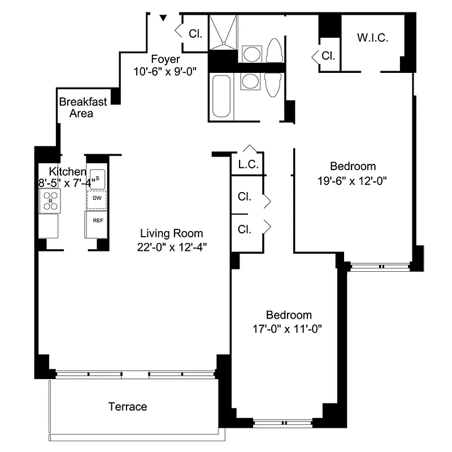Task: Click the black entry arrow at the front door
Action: coord(163,19)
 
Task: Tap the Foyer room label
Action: coord(165,59)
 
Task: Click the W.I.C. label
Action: coord(371,38)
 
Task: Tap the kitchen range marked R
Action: coord(49,201)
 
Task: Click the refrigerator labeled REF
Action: coord(97,221)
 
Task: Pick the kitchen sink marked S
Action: coord(98,179)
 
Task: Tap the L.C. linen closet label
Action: coord(248,165)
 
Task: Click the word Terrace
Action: coord(128,407)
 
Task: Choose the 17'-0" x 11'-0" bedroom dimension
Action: coord(289,328)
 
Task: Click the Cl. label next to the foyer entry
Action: coord(195,33)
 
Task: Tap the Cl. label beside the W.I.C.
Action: coord(328,56)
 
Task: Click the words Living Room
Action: coord(171,233)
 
